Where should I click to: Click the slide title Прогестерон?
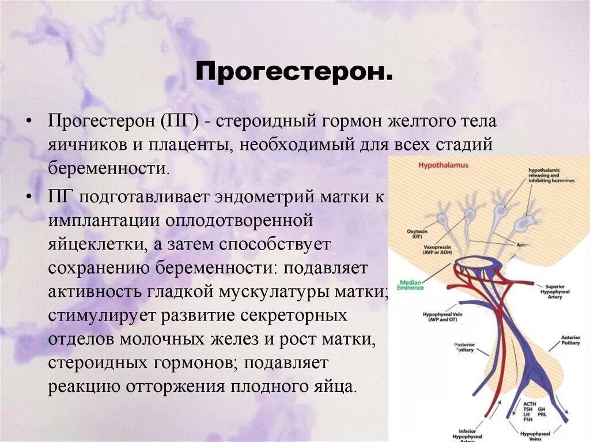coord(294,72)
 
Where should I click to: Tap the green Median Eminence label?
coord(411,285)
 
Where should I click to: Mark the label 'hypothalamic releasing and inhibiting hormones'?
coord(551,175)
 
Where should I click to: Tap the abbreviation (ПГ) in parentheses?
coord(180,122)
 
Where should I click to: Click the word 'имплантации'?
coord(103,221)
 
